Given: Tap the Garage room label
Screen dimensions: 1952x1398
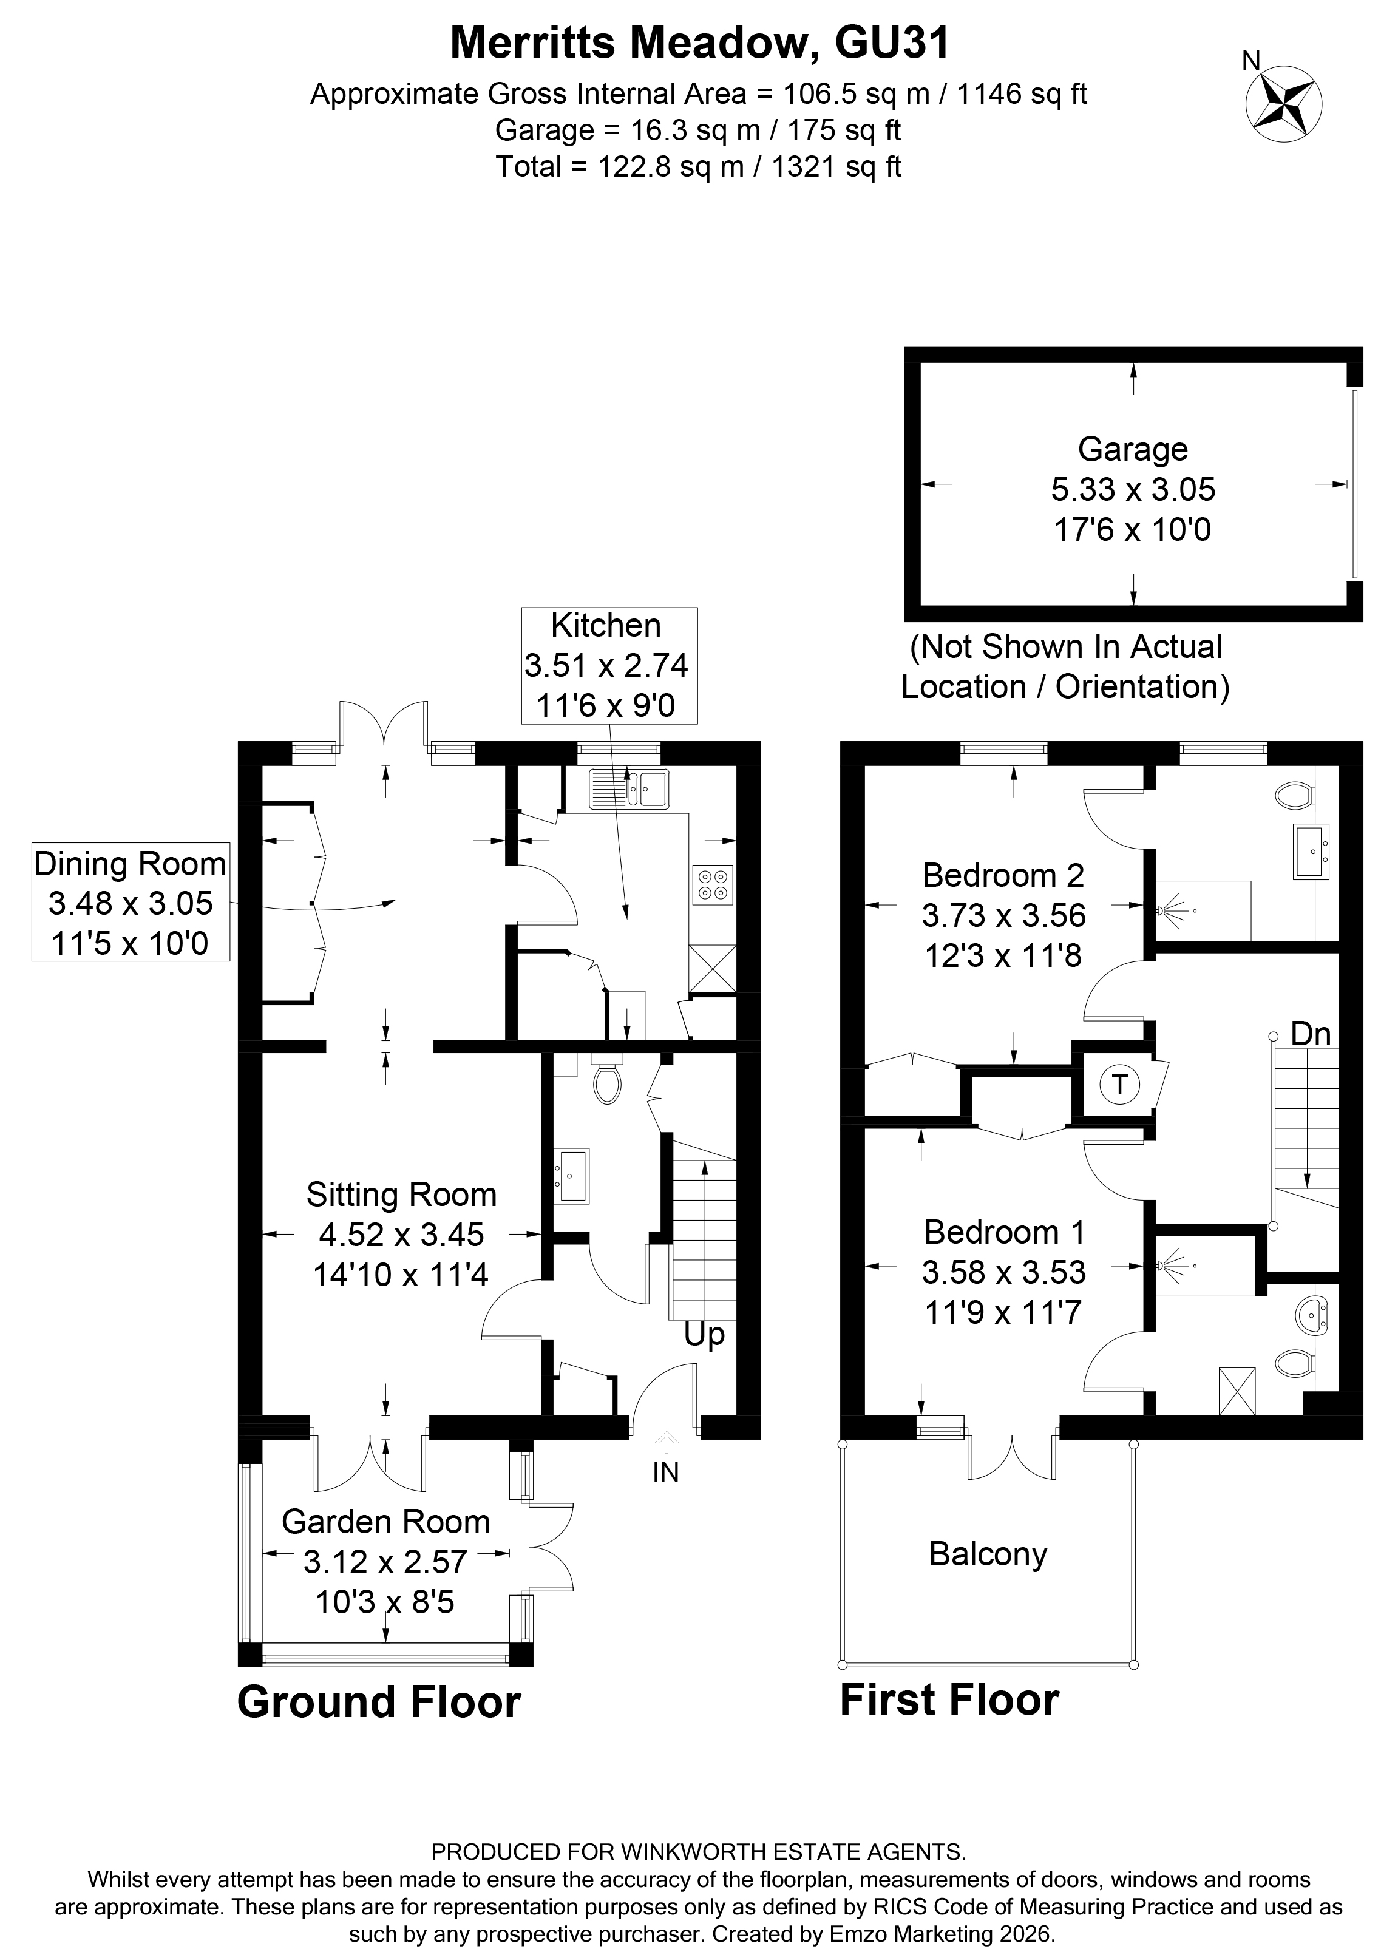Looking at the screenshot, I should click(x=1132, y=449).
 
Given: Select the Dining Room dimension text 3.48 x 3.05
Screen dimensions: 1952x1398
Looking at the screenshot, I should click(x=130, y=904).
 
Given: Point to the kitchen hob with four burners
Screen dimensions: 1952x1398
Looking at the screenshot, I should click(x=712, y=884).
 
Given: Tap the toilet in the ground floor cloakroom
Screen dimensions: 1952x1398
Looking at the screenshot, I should click(x=607, y=1083).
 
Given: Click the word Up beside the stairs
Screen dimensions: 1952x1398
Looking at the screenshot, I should click(x=704, y=1335).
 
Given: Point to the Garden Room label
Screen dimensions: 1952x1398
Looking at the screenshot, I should click(x=385, y=1522).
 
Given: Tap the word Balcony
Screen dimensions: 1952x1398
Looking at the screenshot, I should click(x=988, y=1554).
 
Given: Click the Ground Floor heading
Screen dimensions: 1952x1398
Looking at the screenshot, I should click(x=379, y=1703).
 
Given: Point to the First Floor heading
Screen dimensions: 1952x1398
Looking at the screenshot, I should click(x=949, y=1701).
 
